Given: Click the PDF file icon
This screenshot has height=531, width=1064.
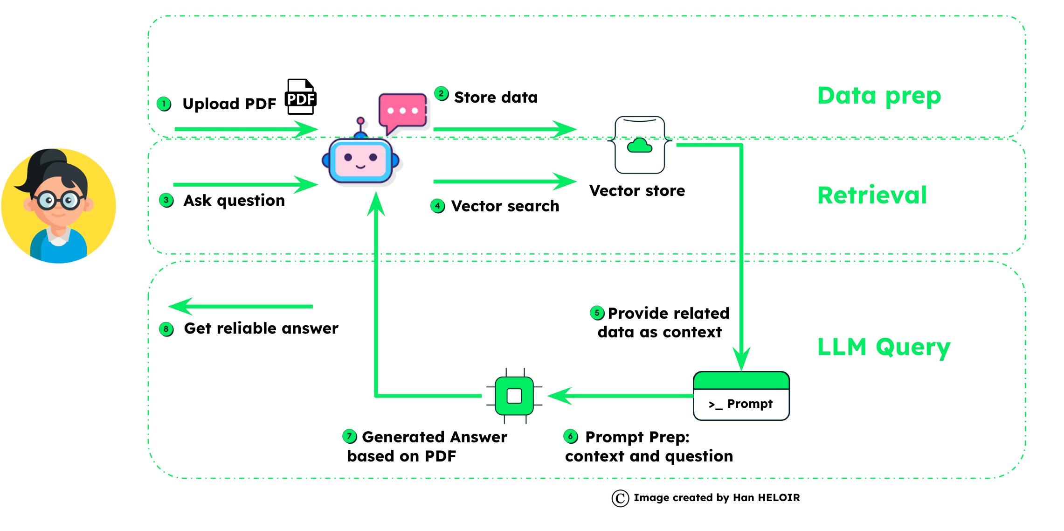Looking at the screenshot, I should pyautogui.click(x=301, y=97).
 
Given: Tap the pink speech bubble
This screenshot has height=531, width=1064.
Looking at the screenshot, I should pyautogui.click(x=403, y=111).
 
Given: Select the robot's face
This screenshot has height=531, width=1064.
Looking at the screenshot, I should pyautogui.click(x=360, y=160).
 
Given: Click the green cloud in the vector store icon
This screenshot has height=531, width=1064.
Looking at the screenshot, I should pyautogui.click(x=640, y=146).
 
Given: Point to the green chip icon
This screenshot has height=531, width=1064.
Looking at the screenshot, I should pyautogui.click(x=514, y=396).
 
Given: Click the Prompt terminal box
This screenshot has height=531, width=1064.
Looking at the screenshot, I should pyautogui.click(x=741, y=396).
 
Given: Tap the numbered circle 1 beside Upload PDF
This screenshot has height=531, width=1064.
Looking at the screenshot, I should pyautogui.click(x=164, y=104).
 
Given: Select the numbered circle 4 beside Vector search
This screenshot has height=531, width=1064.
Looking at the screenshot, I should pyautogui.click(x=437, y=206).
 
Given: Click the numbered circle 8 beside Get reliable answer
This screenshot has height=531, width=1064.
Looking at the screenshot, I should pyautogui.click(x=166, y=329).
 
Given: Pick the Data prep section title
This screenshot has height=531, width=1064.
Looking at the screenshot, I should pyautogui.click(x=879, y=96).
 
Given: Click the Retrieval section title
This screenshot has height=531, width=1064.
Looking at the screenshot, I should pyautogui.click(x=872, y=195).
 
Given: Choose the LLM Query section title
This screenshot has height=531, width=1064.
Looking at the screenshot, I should pyautogui.click(x=884, y=347).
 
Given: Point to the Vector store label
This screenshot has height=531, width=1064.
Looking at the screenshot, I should pyautogui.click(x=637, y=191).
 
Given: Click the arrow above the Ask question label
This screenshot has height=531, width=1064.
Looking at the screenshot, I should pyautogui.click(x=246, y=184).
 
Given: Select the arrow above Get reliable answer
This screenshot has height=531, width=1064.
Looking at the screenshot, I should pyautogui.click(x=241, y=307).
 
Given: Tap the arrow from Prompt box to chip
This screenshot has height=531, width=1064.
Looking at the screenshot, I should pyautogui.click(x=620, y=396).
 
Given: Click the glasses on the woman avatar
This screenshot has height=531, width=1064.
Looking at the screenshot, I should pyautogui.click(x=58, y=201).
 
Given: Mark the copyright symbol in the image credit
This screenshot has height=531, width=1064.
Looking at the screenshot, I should pyautogui.click(x=620, y=498).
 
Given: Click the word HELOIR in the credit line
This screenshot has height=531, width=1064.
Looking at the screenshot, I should pyautogui.click(x=779, y=498).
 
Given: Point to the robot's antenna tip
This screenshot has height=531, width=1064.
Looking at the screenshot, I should pyautogui.click(x=360, y=121).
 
